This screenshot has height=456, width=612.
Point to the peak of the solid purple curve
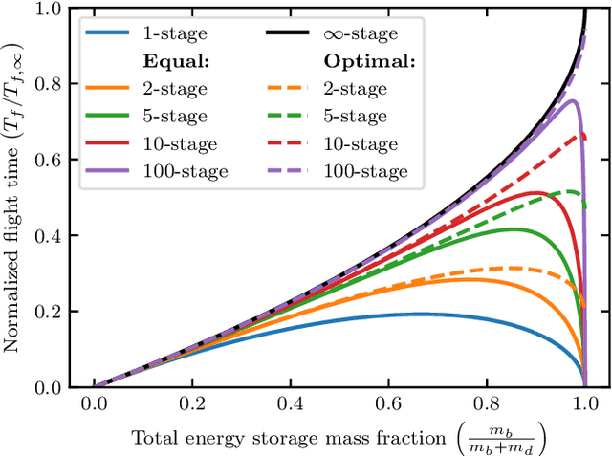(572, 100)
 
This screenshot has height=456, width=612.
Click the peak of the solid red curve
(537, 193)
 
